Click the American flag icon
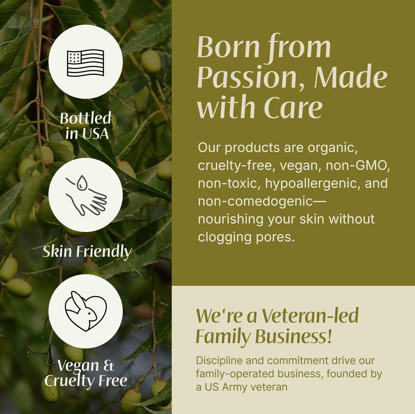pos(85,63)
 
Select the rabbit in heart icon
pos(86,311)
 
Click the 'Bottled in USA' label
pos(86,126)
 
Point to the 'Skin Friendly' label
pos(87,251)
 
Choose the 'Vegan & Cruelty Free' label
pos(86,373)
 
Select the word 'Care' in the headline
pos(293,108)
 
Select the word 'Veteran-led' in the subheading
pos(310,316)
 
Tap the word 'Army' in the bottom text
pos(234,387)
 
